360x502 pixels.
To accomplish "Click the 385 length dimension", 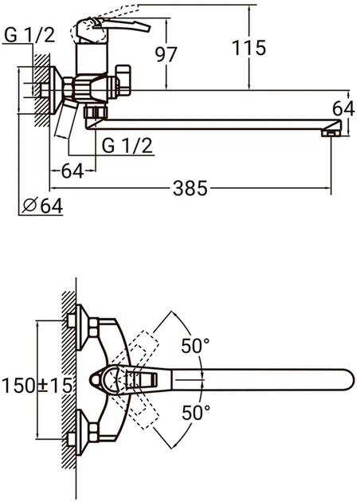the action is point(190,188).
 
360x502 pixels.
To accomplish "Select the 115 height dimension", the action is point(248,48).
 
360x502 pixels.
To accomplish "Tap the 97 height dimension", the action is point(166,54).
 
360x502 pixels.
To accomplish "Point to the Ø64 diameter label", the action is point(43,206).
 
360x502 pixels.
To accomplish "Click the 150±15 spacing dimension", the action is point(37,385).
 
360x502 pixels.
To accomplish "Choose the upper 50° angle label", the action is point(195,346).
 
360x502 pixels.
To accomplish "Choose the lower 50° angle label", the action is point(196,412).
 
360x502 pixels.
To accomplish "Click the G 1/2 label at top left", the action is point(29,35).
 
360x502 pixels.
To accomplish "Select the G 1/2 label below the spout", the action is point(127,146).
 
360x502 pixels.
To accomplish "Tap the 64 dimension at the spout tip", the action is point(343,108).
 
